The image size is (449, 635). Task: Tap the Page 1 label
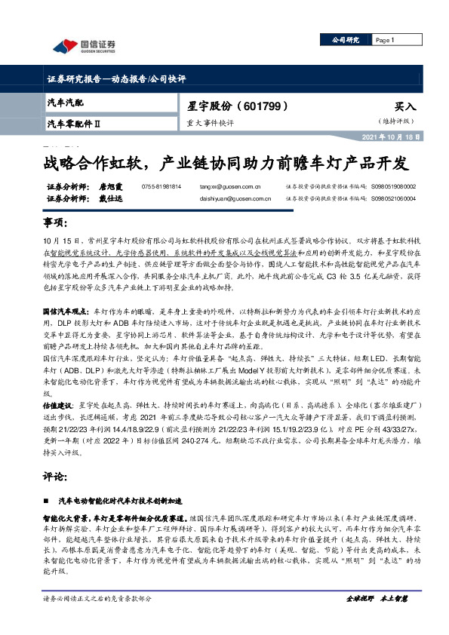tap(385, 40)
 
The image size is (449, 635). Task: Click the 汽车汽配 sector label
tap(66, 101)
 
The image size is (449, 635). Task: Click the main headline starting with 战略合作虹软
tap(225, 163)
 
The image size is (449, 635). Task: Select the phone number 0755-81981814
tap(161, 185)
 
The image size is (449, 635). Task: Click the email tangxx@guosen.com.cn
tap(231, 186)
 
